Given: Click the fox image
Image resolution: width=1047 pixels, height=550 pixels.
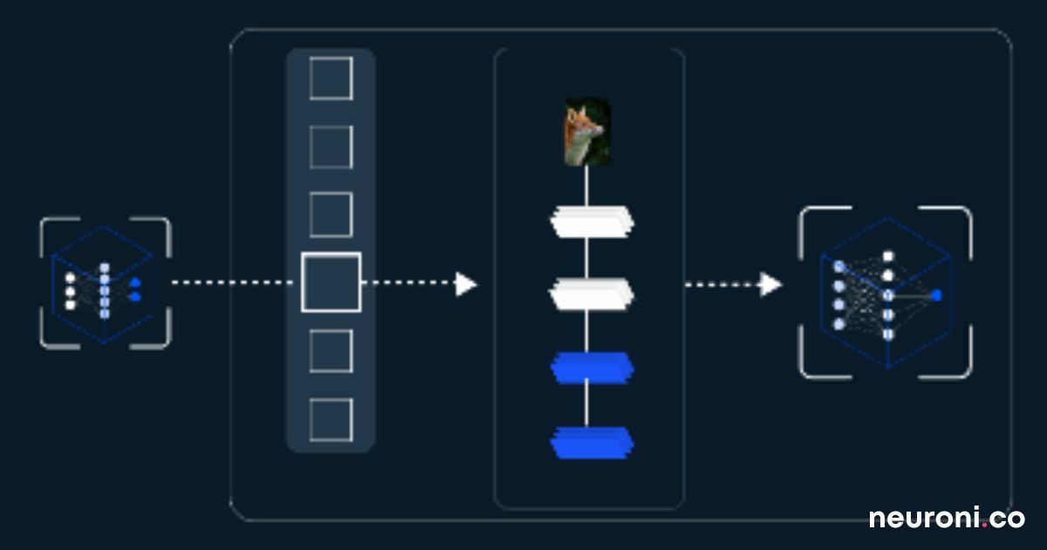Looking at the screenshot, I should pyautogui.click(x=586, y=132).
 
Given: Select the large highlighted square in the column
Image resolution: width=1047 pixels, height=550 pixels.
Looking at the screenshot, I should pyautogui.click(x=332, y=282).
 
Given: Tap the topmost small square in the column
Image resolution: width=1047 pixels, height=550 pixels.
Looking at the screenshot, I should pyautogui.click(x=332, y=79).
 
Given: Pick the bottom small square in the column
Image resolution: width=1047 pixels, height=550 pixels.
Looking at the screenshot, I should pyautogui.click(x=332, y=420).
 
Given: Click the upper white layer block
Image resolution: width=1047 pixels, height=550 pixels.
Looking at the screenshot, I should pyautogui.click(x=592, y=222).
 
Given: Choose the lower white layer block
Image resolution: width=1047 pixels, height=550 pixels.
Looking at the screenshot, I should pyautogui.click(x=592, y=293).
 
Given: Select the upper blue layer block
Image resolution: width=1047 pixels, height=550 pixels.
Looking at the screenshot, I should pyautogui.click(x=592, y=368).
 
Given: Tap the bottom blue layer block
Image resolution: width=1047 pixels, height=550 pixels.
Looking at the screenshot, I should pyautogui.click(x=592, y=443).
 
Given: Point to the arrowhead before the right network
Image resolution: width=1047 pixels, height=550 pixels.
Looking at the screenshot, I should pyautogui.click(x=770, y=284).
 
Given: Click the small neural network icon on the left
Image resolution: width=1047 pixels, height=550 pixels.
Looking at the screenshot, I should pyautogui.click(x=105, y=284).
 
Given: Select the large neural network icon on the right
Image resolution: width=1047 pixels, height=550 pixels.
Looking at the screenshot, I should pyautogui.click(x=886, y=292).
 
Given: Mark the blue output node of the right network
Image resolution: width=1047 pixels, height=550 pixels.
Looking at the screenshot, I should pyautogui.click(x=936, y=295).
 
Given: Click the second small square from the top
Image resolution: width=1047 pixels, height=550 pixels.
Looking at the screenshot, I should pyautogui.click(x=332, y=147).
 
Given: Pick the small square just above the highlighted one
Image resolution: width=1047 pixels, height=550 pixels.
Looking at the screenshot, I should pyautogui.click(x=332, y=215).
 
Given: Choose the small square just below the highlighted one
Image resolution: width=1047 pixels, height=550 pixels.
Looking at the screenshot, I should pyautogui.click(x=332, y=351).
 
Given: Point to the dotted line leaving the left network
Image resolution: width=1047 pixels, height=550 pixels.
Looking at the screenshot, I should pyautogui.click(x=231, y=283).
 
